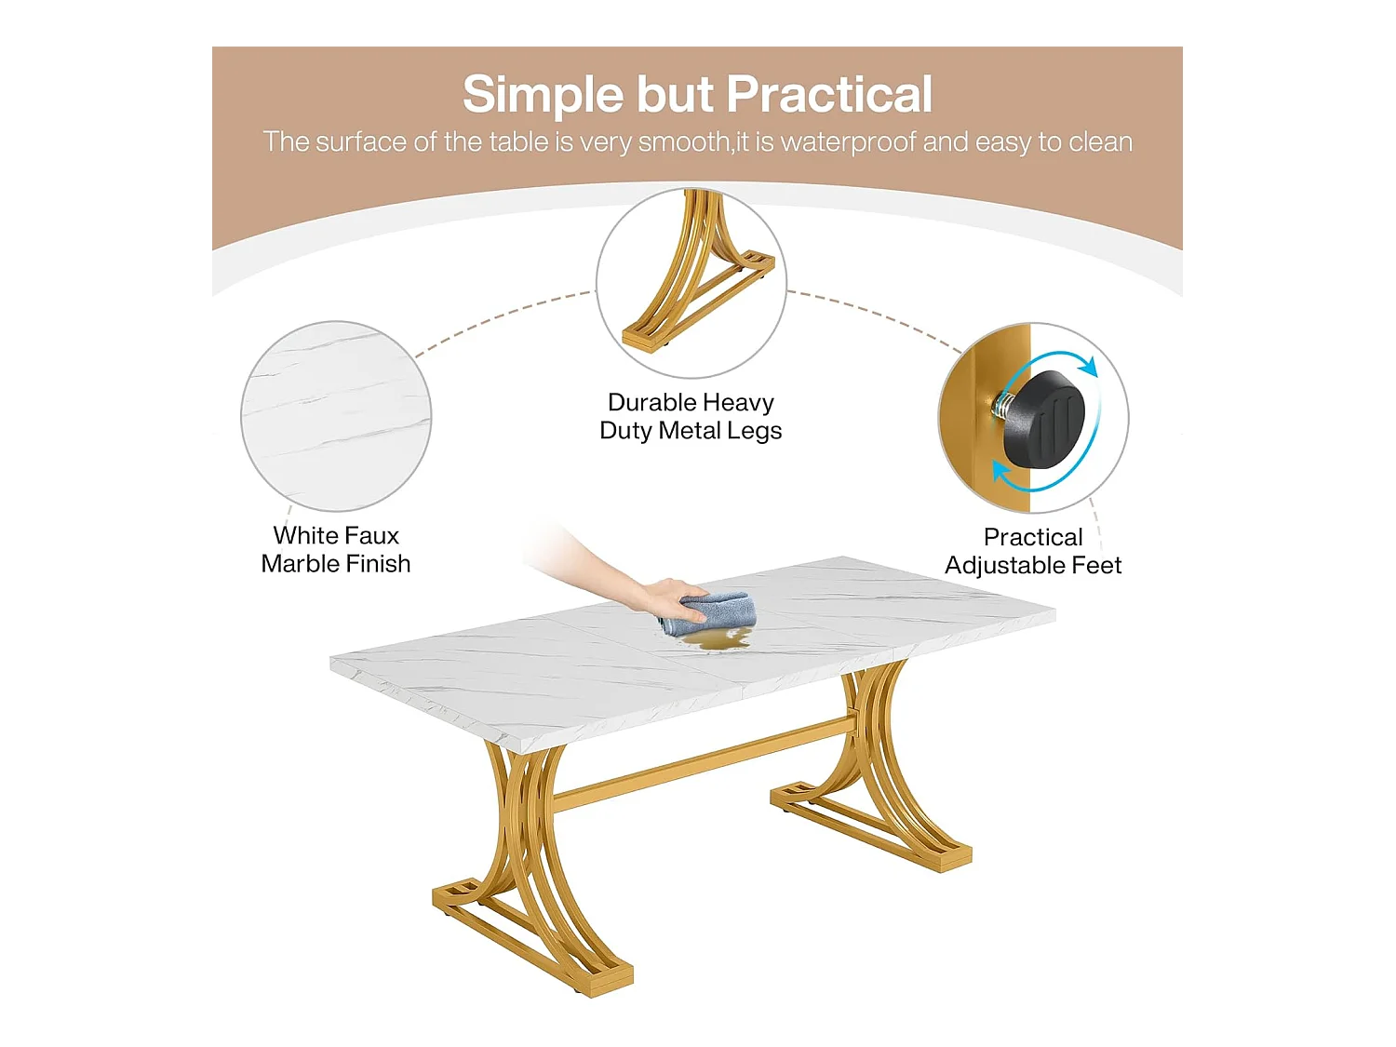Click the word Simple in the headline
[x=543, y=94]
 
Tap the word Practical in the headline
[x=829, y=94]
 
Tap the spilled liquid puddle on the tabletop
[x=715, y=639]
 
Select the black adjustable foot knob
[x=1045, y=418]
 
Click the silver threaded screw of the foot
[x=1003, y=405]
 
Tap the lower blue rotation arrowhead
[x=1001, y=474]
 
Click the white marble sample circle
[x=336, y=416]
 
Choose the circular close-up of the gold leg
[x=691, y=281]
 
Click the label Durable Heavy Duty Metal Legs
[x=691, y=416]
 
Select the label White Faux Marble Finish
[x=336, y=549]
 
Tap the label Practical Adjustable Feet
[x=1033, y=551]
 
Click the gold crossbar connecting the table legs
[x=707, y=762]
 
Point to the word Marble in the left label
[x=300, y=564]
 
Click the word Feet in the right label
[x=1096, y=566]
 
